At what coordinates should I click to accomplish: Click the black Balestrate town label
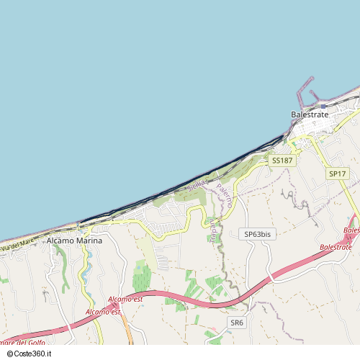click(310, 114)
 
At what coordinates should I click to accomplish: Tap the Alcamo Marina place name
click(74, 240)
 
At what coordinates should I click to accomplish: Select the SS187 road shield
click(282, 161)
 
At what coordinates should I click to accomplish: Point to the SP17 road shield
click(337, 174)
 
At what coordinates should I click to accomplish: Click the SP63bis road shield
click(257, 234)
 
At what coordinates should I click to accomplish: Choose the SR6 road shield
click(237, 323)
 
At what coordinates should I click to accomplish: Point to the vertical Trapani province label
click(213, 228)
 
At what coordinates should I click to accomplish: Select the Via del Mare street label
click(17, 246)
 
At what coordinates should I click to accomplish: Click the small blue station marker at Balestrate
click(293, 143)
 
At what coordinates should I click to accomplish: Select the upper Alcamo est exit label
click(125, 298)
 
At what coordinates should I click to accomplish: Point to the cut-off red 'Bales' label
click(351, 230)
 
